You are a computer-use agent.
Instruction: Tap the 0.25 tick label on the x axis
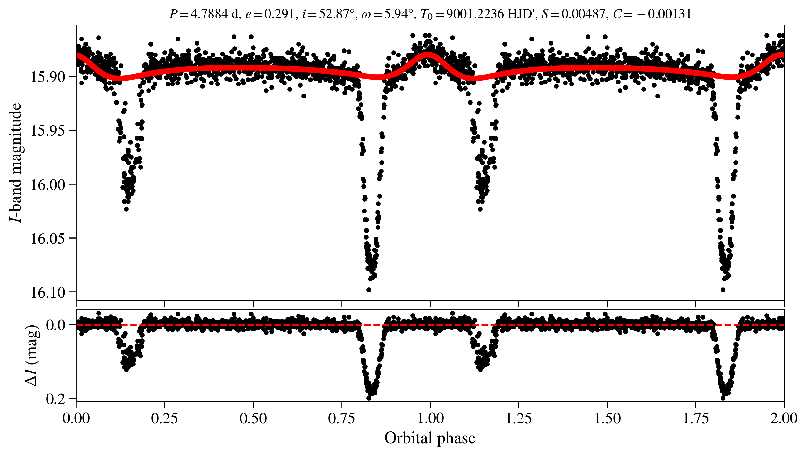(x=164, y=419)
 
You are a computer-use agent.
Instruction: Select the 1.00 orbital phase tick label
(x=430, y=419)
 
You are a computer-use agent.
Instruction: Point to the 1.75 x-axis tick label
(x=696, y=419)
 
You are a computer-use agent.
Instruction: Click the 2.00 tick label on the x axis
(x=784, y=419)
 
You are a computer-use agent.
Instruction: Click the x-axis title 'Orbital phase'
(x=430, y=438)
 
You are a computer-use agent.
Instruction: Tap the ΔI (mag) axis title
(x=32, y=355)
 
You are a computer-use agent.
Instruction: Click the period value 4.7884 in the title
(x=209, y=14)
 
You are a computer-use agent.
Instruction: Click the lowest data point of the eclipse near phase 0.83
(x=369, y=290)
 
